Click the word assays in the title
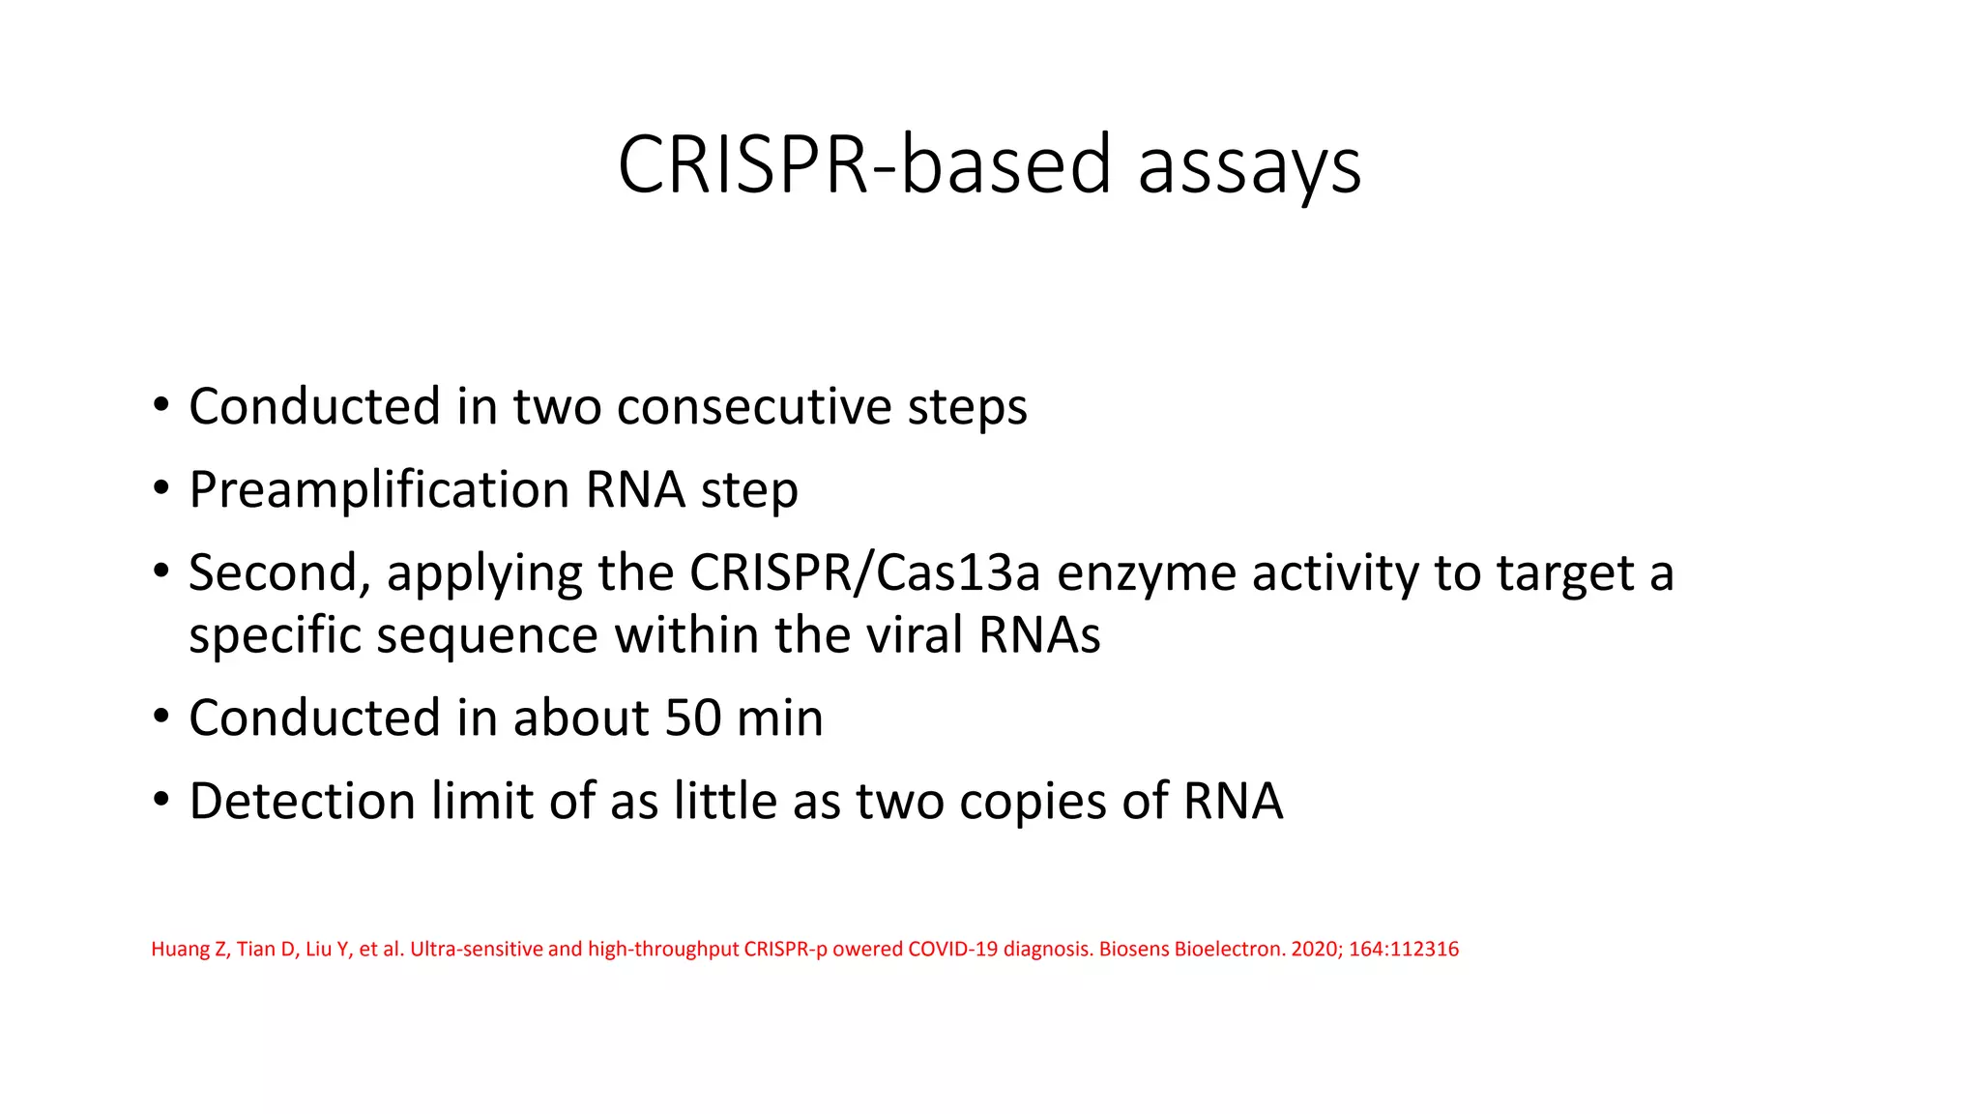(x=1249, y=166)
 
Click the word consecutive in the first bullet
(x=753, y=406)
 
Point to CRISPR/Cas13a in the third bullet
(x=864, y=572)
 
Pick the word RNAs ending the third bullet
(x=1039, y=635)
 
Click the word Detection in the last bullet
(x=302, y=801)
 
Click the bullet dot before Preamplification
(x=160, y=489)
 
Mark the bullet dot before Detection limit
(x=160, y=801)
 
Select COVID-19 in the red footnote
(x=951, y=949)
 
